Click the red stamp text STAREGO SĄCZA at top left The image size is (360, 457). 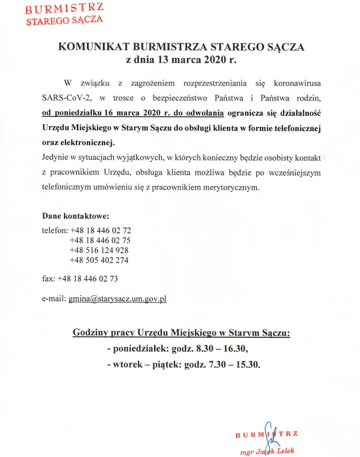point(65,20)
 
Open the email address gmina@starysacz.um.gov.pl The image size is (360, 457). point(117,298)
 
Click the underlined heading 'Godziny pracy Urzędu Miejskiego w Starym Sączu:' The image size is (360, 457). point(182,333)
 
